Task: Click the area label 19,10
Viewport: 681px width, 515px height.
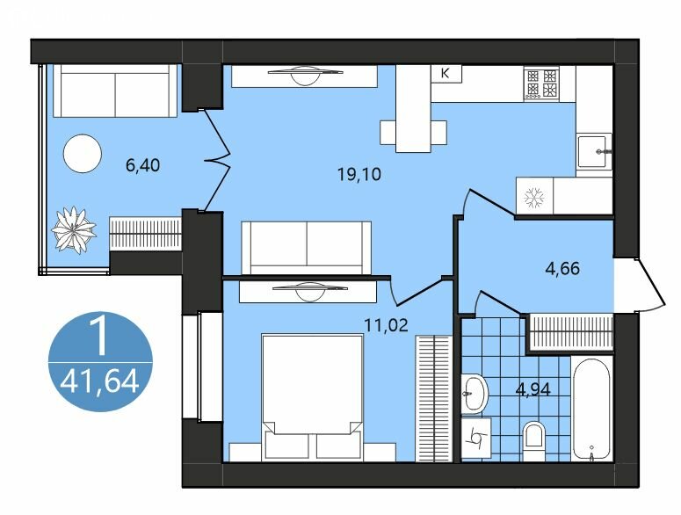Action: (x=359, y=174)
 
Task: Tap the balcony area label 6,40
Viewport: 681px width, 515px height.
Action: (x=143, y=165)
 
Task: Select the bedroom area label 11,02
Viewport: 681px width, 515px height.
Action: (x=386, y=324)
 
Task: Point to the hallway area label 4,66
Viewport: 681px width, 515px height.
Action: (x=562, y=268)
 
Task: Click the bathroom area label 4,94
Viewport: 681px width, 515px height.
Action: (x=532, y=389)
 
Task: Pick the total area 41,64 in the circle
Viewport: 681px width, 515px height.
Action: (x=100, y=382)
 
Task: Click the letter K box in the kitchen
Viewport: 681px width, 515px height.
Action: (x=446, y=74)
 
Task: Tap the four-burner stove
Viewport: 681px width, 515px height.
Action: (x=541, y=83)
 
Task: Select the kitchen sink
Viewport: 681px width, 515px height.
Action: (x=594, y=151)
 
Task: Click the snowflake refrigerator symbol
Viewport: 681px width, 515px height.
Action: (x=534, y=197)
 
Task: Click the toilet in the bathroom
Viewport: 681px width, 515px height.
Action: (x=533, y=440)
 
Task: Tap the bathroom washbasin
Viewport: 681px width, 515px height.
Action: (x=474, y=394)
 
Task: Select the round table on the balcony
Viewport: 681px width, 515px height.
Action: (x=82, y=153)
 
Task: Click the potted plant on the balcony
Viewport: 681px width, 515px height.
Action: (x=74, y=229)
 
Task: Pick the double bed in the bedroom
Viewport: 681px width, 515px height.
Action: (x=312, y=395)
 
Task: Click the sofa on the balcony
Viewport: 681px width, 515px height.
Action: (x=115, y=91)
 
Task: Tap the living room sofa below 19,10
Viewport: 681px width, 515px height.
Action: (x=307, y=248)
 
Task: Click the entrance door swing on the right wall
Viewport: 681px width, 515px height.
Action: (x=647, y=285)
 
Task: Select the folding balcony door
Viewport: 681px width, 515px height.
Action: (x=217, y=159)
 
